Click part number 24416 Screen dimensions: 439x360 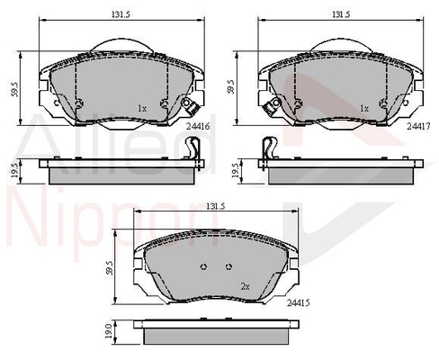pyautogui.click(x=198, y=127)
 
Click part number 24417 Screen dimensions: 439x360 pyautogui.click(x=418, y=127)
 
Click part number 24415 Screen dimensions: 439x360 pyautogui.click(x=299, y=303)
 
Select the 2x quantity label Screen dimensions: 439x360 pyautogui.click(x=245, y=287)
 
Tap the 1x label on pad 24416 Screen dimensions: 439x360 pyautogui.click(x=142, y=108)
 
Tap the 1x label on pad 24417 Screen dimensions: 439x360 pyautogui.click(x=364, y=108)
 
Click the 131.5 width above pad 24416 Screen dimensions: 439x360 pyautogui.click(x=121, y=14)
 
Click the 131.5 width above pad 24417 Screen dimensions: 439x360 pyautogui.click(x=341, y=14)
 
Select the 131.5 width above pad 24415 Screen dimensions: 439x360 pyautogui.click(x=215, y=206)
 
